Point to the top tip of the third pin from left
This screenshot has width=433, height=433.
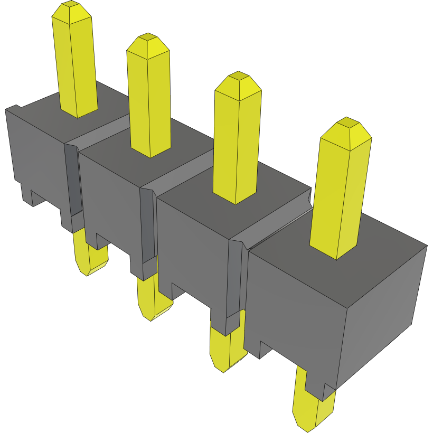point(238,77)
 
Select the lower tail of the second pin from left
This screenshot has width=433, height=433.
point(150,298)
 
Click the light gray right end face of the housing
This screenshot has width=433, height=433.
point(380,312)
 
